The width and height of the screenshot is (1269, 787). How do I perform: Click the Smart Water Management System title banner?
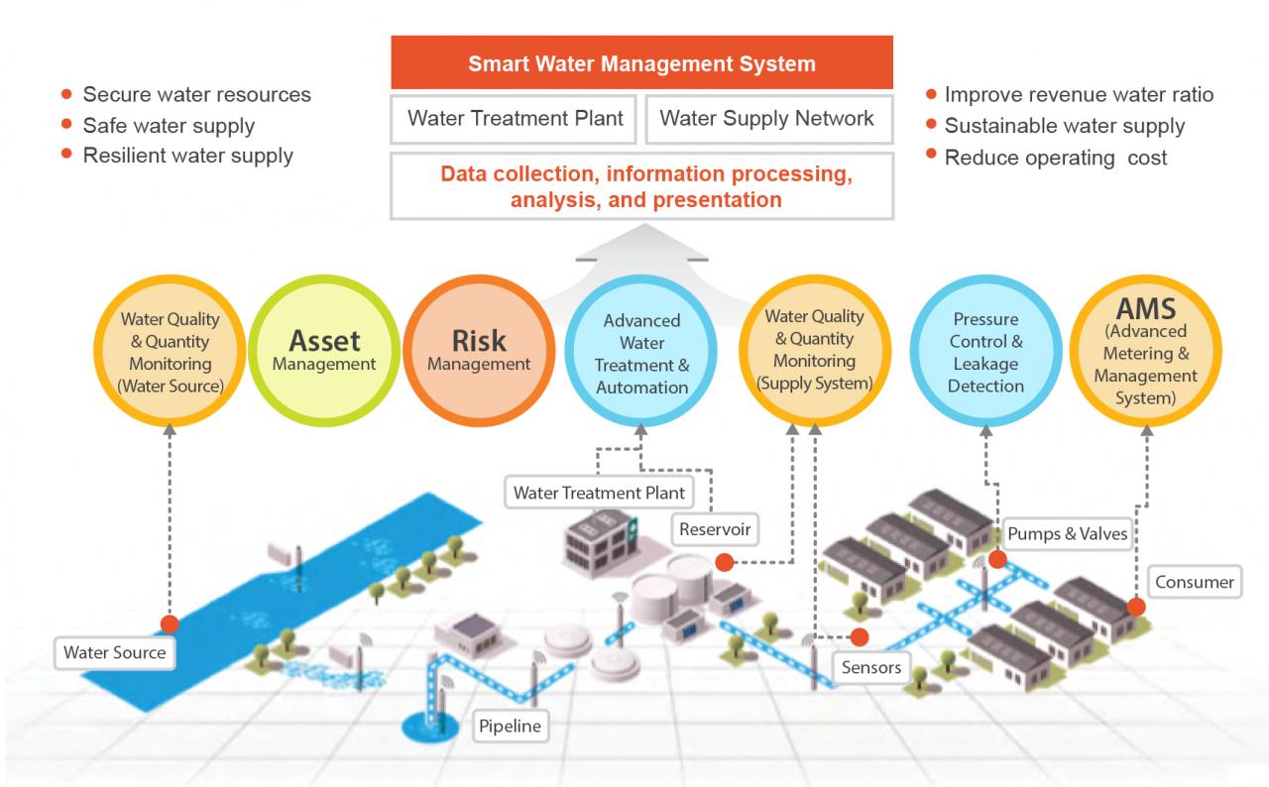click(641, 64)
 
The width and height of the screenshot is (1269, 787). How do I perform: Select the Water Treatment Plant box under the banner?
click(515, 119)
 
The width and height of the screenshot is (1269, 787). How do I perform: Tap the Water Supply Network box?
click(767, 119)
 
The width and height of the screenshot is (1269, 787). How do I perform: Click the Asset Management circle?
click(324, 351)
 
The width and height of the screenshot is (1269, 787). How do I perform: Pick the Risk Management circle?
click(479, 351)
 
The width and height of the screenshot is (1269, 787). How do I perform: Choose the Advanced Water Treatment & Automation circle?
click(641, 353)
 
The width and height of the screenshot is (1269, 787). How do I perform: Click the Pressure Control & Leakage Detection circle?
click(985, 352)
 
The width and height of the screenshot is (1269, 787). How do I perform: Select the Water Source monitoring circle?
click(170, 352)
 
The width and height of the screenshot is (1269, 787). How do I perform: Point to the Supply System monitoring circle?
click(814, 349)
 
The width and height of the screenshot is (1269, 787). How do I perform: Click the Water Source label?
click(114, 652)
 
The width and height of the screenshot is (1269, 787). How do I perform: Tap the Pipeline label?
click(510, 726)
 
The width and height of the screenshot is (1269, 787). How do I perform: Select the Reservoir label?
click(714, 529)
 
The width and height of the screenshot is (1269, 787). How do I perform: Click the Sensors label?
click(871, 667)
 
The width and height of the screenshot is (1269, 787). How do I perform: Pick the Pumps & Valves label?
click(1067, 533)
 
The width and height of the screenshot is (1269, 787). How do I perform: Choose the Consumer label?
click(1195, 582)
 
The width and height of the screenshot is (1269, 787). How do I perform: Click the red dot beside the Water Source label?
click(170, 624)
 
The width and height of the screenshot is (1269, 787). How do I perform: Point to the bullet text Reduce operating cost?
click(1055, 158)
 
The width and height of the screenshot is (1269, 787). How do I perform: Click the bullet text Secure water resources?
click(196, 94)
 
